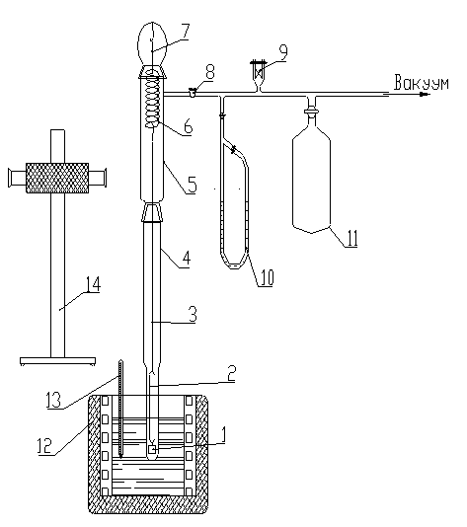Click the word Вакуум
[422, 83]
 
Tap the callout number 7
[185, 32]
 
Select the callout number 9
[283, 53]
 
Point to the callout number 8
[209, 72]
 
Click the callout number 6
[188, 127]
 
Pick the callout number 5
[192, 185]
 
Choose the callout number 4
[186, 259]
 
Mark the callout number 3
[192, 314]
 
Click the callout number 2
[231, 373]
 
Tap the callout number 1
[221, 436]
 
